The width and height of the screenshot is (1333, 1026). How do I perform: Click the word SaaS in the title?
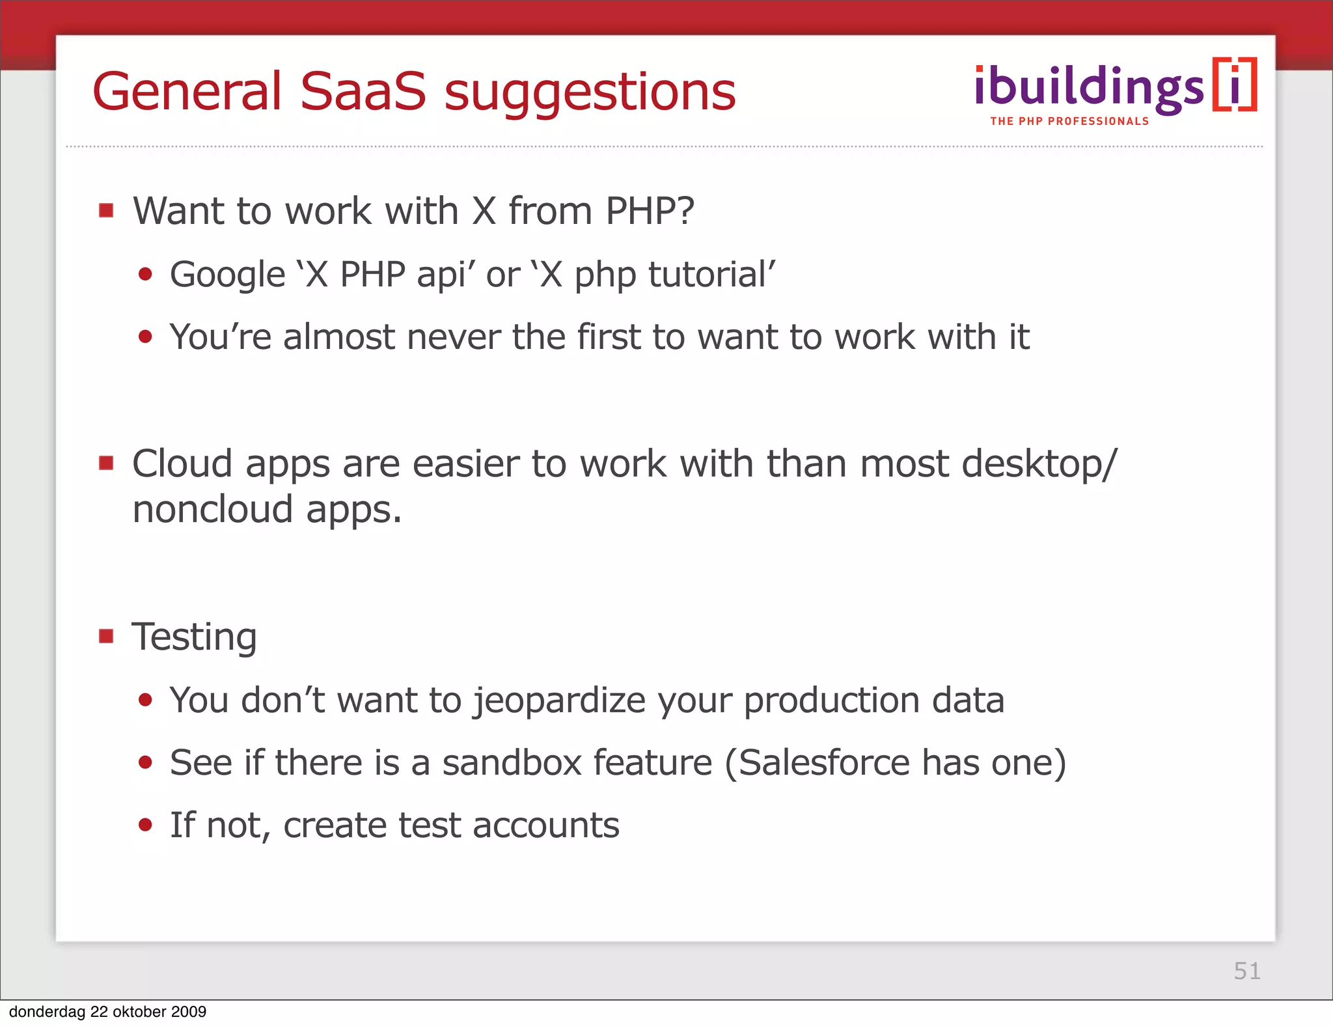click(363, 91)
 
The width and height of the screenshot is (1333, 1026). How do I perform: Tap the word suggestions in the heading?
click(590, 92)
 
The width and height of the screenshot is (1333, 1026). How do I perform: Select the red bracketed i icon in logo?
click(1234, 85)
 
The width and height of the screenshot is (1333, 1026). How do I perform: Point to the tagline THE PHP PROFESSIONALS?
click(1069, 121)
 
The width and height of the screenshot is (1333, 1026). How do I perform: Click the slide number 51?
click(1246, 971)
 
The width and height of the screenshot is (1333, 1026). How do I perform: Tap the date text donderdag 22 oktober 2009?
click(107, 1012)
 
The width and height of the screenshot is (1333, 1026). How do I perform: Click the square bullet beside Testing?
click(106, 635)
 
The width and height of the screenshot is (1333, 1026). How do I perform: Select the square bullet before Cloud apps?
click(106, 463)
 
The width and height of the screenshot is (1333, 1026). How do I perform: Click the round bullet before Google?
click(145, 275)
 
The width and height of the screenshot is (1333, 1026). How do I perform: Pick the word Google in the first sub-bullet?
click(227, 275)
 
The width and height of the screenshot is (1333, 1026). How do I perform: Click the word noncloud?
click(212, 509)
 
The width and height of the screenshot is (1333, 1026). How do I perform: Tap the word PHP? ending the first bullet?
click(650, 211)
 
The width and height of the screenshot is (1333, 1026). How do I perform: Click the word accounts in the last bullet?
click(545, 825)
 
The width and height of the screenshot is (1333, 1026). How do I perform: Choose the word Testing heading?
click(194, 637)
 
